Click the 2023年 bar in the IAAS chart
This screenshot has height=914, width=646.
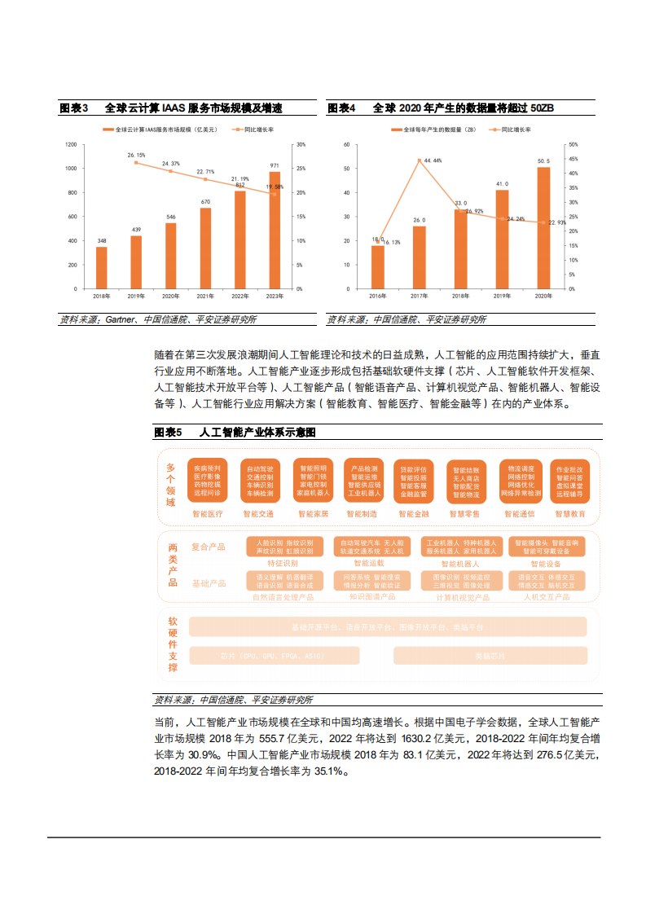pos(275,231)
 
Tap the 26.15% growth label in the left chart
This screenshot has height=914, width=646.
pos(136,155)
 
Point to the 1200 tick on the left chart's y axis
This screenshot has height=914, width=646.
pos(71,145)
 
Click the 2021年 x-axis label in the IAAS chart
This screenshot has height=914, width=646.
pos(205,296)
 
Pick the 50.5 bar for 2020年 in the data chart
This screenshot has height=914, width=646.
pos(543,228)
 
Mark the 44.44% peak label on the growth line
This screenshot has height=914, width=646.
pos(433,160)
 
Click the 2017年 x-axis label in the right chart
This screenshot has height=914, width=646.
pos(420,296)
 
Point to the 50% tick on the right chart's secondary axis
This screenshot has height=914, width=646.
pos(573,144)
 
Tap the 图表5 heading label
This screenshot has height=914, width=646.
pos(168,432)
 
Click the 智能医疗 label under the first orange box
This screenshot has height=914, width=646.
pos(207,514)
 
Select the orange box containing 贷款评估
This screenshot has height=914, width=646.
pos(413,481)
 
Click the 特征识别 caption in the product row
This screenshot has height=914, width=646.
pos(283,563)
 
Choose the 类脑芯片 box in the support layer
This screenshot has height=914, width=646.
pos(490,656)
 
